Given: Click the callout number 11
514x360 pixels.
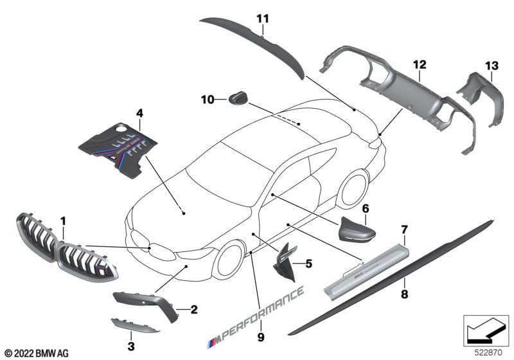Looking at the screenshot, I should (x=261, y=19).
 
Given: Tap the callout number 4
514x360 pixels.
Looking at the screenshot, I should (x=139, y=114).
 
